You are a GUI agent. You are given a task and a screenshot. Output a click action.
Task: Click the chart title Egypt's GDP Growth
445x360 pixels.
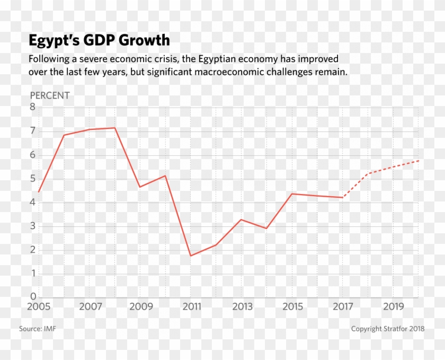coord(99,40)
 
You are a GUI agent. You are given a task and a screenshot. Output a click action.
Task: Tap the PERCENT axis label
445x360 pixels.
coord(49,95)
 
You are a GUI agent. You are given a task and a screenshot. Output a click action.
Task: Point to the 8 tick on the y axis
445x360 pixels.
coord(32,107)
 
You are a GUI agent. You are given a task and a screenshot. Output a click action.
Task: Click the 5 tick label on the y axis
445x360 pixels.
coord(32,178)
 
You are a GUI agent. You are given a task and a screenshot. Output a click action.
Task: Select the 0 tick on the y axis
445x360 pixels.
coord(32,296)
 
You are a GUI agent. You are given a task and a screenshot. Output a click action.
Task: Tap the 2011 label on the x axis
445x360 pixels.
coord(192,306)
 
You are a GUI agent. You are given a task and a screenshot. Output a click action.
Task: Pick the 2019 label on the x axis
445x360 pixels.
coord(394,306)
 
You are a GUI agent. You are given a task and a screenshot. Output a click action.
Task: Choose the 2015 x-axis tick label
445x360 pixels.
coord(292,306)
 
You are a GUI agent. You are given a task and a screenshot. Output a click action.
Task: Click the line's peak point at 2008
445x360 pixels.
coord(114,128)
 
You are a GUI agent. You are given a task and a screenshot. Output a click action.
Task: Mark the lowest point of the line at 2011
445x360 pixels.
coord(190,256)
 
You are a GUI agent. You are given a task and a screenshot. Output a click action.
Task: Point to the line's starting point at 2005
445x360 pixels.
coord(39,192)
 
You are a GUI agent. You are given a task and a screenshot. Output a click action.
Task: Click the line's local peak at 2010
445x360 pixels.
coord(165,175)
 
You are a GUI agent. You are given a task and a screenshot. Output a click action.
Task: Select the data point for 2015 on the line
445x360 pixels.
coord(292,194)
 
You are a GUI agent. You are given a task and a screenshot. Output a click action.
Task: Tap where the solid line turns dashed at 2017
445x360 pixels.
coord(343,197)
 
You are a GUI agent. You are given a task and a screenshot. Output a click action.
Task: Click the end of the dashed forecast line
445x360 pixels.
coord(419,160)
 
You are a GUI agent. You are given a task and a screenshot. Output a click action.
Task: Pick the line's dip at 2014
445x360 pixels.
coord(266,229)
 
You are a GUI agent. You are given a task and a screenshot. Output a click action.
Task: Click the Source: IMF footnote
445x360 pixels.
coord(38,329)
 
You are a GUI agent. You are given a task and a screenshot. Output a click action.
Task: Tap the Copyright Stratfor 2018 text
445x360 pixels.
coord(387,329)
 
